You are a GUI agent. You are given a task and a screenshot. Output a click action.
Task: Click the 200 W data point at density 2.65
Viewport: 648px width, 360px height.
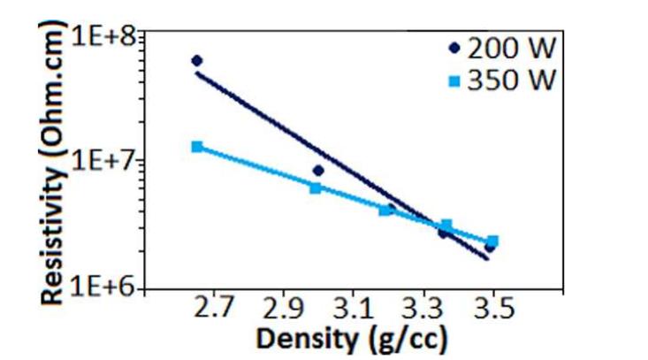(197, 60)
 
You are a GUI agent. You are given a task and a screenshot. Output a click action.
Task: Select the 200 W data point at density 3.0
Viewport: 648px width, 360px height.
(318, 171)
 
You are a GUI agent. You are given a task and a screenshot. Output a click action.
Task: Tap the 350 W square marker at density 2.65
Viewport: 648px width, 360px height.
(197, 147)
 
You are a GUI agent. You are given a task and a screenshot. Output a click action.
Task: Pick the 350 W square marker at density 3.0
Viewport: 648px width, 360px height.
(316, 188)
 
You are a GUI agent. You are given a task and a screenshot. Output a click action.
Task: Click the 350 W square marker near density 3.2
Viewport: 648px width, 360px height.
(385, 211)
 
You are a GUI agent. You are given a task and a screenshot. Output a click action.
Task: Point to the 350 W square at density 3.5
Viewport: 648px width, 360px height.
(492, 241)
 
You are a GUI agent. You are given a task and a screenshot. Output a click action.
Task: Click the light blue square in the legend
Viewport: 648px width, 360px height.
(455, 82)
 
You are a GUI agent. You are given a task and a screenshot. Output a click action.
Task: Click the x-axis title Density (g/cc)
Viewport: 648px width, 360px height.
(351, 339)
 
